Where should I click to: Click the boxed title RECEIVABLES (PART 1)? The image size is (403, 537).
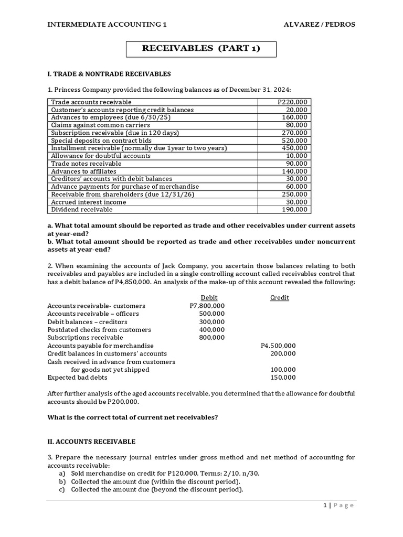coord(201,49)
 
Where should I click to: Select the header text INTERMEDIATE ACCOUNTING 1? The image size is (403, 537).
coord(107,24)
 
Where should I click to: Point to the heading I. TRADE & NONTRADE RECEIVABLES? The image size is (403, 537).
coord(109,74)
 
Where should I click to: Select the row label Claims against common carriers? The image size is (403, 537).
coord(100,125)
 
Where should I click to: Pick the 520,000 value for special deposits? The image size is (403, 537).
coord(296,141)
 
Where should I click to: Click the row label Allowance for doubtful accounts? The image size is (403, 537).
coord(101,156)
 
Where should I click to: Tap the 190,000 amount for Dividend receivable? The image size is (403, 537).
coord(296,209)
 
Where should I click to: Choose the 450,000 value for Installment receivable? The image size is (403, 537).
coord(296,148)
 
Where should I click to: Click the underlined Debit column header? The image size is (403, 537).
coord(209,297)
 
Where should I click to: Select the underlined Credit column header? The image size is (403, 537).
coord(279,297)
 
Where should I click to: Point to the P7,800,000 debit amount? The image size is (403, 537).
coord(207,306)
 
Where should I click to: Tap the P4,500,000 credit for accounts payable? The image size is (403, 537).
coord(278,346)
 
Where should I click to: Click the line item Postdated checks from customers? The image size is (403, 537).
coord(99,329)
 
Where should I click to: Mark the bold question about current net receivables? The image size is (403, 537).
coord(132,417)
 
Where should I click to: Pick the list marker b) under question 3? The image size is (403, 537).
coord(62,481)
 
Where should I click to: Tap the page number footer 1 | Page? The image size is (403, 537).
coord(338,505)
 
